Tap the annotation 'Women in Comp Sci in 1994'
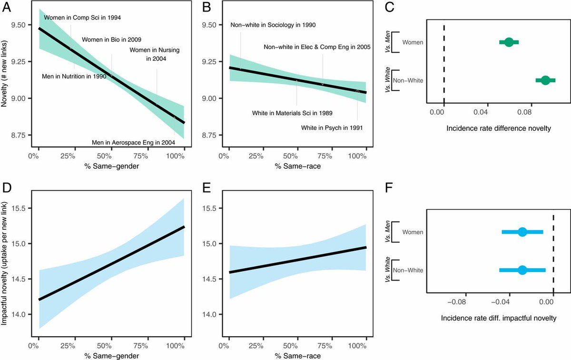tap(82, 18)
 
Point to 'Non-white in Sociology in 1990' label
tap(273, 25)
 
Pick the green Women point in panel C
tap(509, 42)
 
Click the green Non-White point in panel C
tap(545, 80)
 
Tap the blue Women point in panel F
tap(522, 232)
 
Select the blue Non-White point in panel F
tap(522, 270)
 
